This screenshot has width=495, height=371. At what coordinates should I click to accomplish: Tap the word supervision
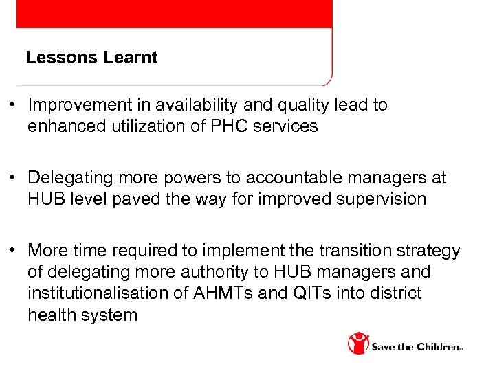385,199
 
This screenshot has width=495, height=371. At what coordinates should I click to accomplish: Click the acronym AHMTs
217,293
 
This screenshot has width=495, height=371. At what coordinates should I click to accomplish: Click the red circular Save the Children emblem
357,343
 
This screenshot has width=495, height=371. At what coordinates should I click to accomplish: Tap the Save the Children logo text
417,347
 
